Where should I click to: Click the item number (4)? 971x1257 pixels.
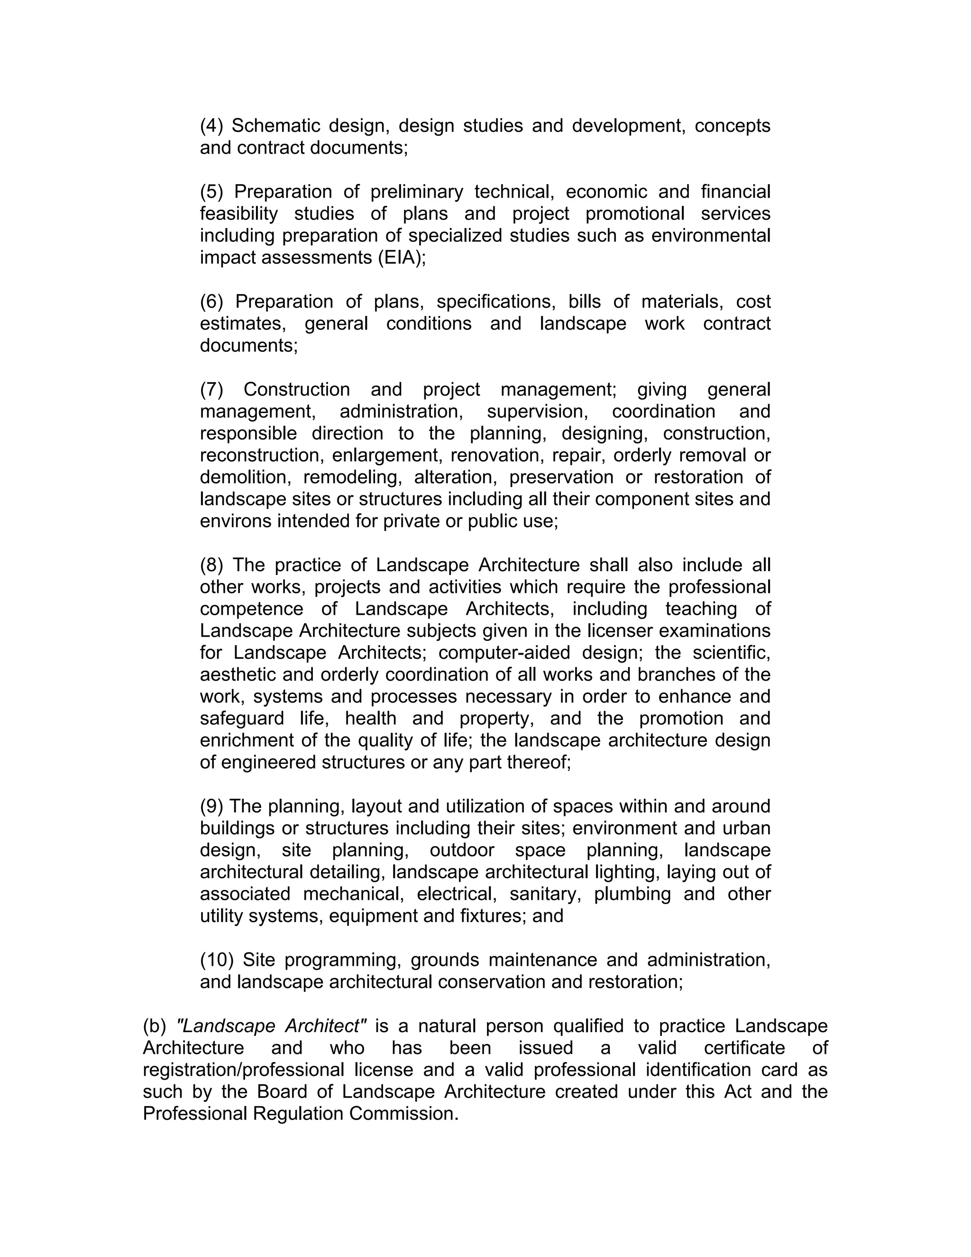tap(211, 126)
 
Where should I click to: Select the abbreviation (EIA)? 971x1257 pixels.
tap(402, 257)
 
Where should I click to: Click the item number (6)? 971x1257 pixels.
tap(211, 301)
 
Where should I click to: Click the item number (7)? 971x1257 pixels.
tap(211, 389)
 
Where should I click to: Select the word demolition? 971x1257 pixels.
tap(243, 477)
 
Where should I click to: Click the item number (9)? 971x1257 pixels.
tap(211, 806)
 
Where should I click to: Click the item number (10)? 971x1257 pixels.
tap(216, 960)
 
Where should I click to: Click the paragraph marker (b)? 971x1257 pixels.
tap(154, 1026)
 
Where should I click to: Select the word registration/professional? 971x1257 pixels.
tap(243, 1069)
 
